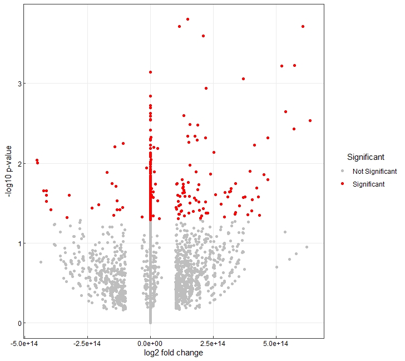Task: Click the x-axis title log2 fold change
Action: (173, 353)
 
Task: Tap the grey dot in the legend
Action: (343, 171)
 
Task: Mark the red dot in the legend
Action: (343, 184)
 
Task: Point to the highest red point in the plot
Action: (188, 19)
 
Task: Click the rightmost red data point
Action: (310, 120)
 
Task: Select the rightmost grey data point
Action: (307, 247)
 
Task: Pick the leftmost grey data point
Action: (41, 262)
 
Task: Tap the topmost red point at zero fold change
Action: (150, 72)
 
